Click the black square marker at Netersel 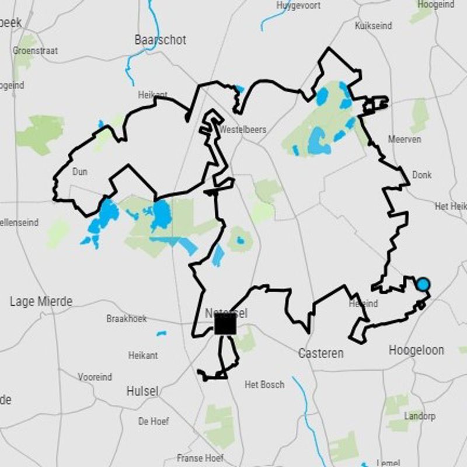(x=225, y=324)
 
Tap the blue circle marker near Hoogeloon (x=423, y=284)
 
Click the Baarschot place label (x=160, y=40)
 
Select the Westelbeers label (x=243, y=130)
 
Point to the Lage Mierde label (x=41, y=302)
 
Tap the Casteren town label (x=320, y=353)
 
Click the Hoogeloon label (x=416, y=350)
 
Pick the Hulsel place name (x=142, y=392)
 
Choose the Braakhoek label (x=127, y=319)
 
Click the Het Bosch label (x=264, y=385)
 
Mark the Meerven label (x=405, y=140)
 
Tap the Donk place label (x=421, y=175)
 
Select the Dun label (x=79, y=172)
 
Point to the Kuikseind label (x=373, y=26)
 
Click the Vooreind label (x=95, y=377)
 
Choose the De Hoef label (x=154, y=421)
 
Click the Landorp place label (x=419, y=416)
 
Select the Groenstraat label (x=35, y=51)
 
